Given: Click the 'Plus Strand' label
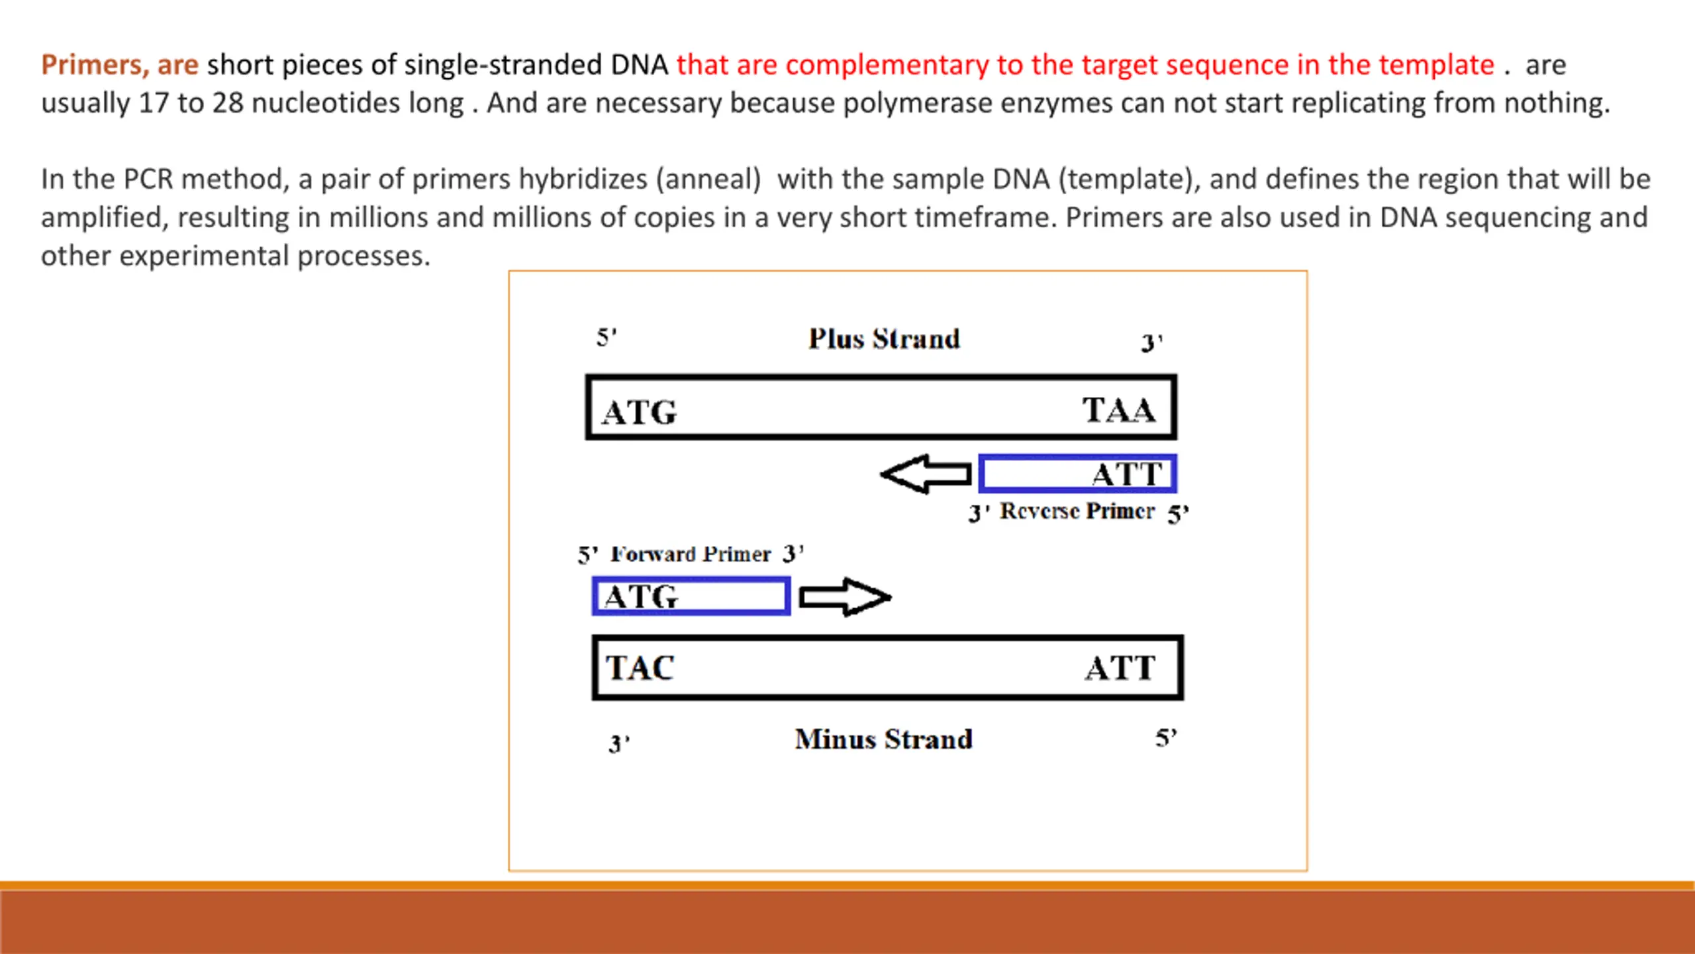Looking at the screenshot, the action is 884,339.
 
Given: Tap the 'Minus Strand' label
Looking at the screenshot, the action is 884,739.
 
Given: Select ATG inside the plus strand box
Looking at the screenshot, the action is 639,412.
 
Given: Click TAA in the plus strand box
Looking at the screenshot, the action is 1119,409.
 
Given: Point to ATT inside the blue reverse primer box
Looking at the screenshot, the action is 1127,474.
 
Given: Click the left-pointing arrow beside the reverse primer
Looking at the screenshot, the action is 926,474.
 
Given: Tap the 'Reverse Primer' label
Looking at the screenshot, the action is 1077,511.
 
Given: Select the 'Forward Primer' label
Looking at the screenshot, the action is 691,554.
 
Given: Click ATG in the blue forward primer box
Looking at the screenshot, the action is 641,596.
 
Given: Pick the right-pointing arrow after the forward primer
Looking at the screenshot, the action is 846,597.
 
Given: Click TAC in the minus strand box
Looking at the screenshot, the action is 640,667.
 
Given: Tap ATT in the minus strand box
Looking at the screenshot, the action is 1120,668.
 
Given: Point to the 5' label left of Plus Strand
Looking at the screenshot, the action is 606,337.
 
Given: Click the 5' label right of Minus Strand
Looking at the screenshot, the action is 1166,737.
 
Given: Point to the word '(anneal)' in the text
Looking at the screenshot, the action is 708,180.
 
